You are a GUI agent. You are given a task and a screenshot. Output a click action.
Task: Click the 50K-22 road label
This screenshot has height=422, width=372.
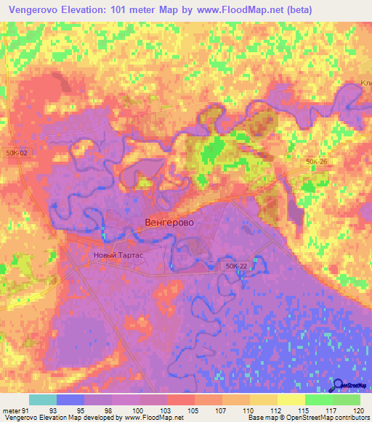coord(236,267)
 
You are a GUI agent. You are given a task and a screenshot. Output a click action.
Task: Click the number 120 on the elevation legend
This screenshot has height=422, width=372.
coord(359,410)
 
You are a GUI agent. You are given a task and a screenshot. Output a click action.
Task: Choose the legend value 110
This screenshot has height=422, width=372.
coord(248,410)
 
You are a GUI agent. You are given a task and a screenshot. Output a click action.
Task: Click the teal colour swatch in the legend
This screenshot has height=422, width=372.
coord(43,400)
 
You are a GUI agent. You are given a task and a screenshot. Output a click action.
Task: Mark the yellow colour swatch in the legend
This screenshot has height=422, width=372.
coord(291,400)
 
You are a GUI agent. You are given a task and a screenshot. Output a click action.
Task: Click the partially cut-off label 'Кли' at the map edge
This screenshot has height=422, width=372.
coord(365,83)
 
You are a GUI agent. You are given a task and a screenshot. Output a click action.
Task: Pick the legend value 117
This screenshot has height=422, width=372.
coord(332,410)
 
